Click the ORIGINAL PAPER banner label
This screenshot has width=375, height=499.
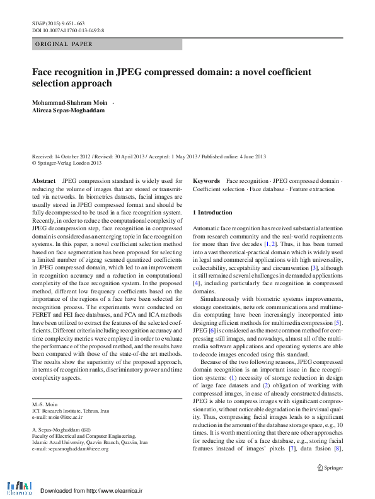(64, 44)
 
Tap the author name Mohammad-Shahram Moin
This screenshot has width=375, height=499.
(69, 102)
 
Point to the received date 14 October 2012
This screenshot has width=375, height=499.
(74, 156)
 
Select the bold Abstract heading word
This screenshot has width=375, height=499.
(43, 180)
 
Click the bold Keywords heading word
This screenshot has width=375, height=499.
(206, 180)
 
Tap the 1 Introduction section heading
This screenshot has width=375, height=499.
(213, 213)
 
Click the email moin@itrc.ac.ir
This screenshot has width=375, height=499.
(57, 417)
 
